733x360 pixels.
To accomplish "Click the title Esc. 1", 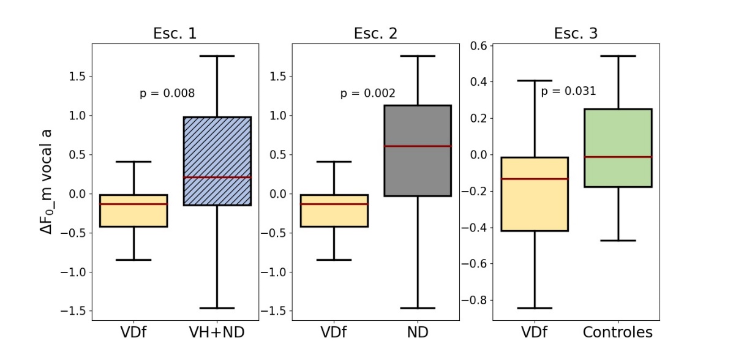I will click(x=175, y=34).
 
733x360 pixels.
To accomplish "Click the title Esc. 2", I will click(x=375, y=34).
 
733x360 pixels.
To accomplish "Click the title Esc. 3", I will click(x=576, y=34).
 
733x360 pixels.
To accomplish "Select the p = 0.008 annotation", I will click(x=167, y=94).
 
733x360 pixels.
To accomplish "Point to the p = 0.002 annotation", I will click(x=367, y=94).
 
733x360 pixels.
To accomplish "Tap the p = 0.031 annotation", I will click(x=568, y=91).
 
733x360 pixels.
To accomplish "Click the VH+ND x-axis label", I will click(x=217, y=333).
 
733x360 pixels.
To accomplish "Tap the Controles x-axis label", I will click(x=617, y=333).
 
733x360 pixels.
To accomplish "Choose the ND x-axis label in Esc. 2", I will click(x=417, y=333).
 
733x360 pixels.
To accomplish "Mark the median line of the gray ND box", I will click(x=417, y=146).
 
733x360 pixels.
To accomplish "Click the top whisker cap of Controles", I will click(x=618, y=56).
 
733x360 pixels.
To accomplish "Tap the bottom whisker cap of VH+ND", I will click(x=217, y=308).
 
